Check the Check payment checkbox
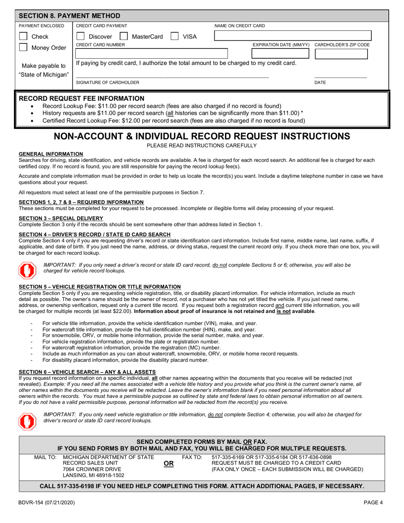(x=24, y=37)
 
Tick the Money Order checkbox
(x=24, y=48)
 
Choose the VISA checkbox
(x=174, y=37)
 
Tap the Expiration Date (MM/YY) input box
(x=281, y=54)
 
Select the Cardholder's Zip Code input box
(x=341, y=54)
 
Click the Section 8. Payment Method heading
(x=70, y=16)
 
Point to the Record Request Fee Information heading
(x=82, y=98)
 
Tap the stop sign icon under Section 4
(x=27, y=269)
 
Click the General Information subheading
(x=51, y=154)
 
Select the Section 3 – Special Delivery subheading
(x=61, y=219)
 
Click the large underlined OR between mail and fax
(x=169, y=464)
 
